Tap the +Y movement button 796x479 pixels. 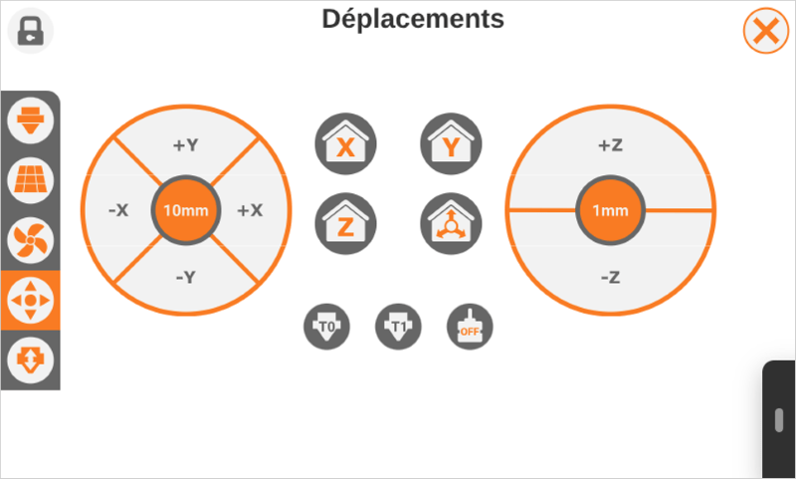click(x=185, y=145)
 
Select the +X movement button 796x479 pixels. click(x=250, y=210)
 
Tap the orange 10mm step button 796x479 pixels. click(x=185, y=210)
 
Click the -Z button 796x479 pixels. click(x=610, y=277)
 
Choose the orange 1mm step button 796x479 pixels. click(x=610, y=211)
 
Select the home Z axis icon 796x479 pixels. click(x=345, y=223)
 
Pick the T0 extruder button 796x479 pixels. click(x=325, y=326)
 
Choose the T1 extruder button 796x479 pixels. click(x=397, y=326)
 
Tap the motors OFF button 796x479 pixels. click(x=470, y=326)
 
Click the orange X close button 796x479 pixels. click(x=765, y=32)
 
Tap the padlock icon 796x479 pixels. click(x=31, y=31)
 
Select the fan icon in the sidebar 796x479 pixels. click(x=30, y=240)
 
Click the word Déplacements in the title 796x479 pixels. click(x=412, y=18)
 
